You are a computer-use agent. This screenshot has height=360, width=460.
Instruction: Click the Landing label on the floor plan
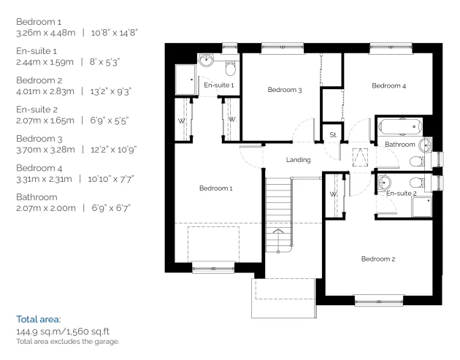click(x=299, y=160)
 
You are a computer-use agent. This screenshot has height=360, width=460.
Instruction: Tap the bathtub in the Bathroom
click(x=398, y=126)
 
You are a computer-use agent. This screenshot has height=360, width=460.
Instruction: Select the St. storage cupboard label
click(x=332, y=135)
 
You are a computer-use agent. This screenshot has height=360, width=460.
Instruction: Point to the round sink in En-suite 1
click(x=206, y=61)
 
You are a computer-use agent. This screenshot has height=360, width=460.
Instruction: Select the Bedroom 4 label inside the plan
click(x=388, y=86)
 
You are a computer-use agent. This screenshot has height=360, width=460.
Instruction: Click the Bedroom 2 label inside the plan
click(x=377, y=259)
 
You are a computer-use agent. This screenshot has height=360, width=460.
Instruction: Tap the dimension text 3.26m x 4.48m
click(x=45, y=33)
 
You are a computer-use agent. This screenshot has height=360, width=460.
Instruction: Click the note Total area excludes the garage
click(x=66, y=342)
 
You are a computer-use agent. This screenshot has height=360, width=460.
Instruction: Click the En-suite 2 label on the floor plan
click(x=401, y=194)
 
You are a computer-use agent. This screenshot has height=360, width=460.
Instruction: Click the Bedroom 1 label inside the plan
click(x=215, y=188)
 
